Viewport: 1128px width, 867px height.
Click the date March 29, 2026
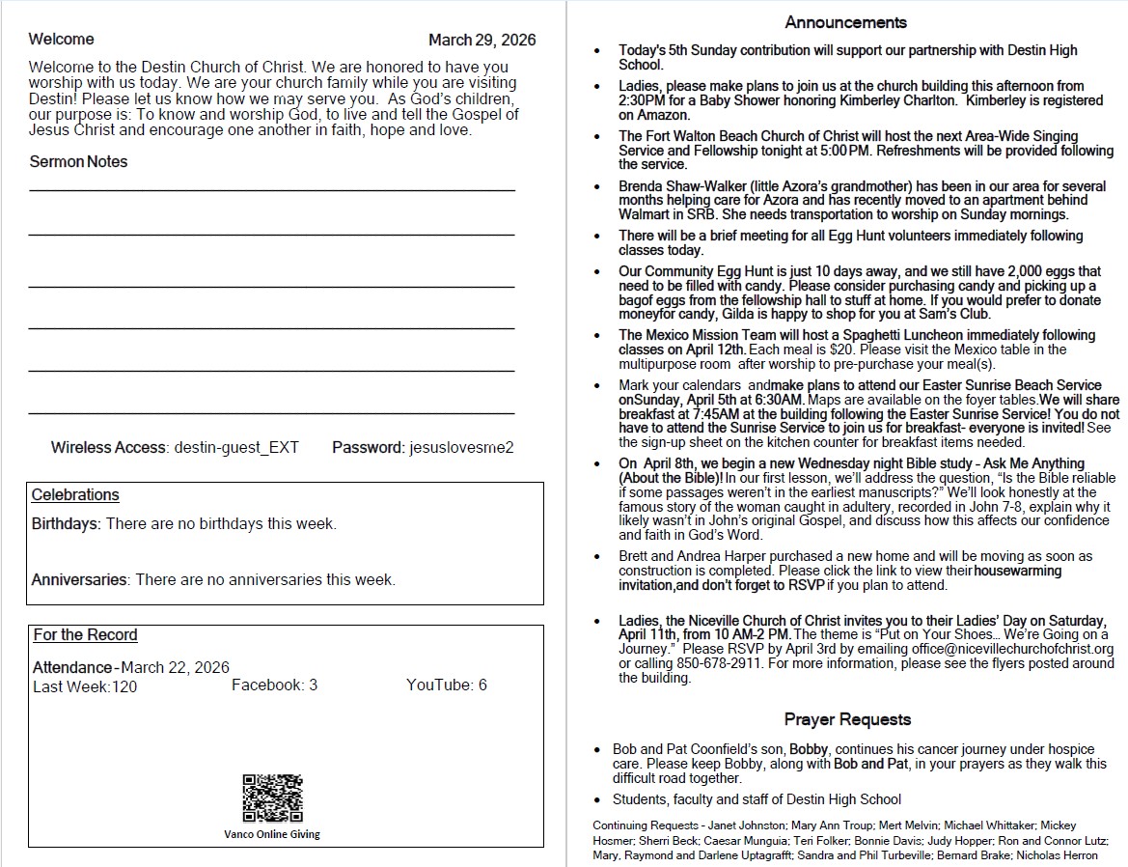pyautogui.click(x=481, y=40)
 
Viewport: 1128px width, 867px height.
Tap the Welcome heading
pyautogui.click(x=62, y=40)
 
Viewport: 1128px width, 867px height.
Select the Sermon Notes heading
pyautogui.click(x=78, y=162)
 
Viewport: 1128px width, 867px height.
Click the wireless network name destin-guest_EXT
pyautogui.click(x=236, y=448)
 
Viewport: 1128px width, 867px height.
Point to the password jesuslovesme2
pyautogui.click(x=461, y=448)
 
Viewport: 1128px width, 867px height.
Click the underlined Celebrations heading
pyautogui.click(x=75, y=495)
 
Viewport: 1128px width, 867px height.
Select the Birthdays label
pyautogui.click(x=66, y=524)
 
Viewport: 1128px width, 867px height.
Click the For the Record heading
pyautogui.click(x=85, y=635)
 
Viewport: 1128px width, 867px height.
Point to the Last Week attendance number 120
pyautogui.click(x=124, y=687)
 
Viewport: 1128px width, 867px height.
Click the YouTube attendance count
pyautogui.click(x=481, y=685)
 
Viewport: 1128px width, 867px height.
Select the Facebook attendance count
pyautogui.click(x=313, y=685)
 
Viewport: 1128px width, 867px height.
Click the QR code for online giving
pyautogui.click(x=272, y=797)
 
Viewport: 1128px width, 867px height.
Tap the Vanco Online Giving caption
pyautogui.click(x=272, y=834)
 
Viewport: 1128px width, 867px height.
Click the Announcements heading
pyautogui.click(x=845, y=22)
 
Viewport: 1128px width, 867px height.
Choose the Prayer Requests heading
pyautogui.click(x=847, y=719)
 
